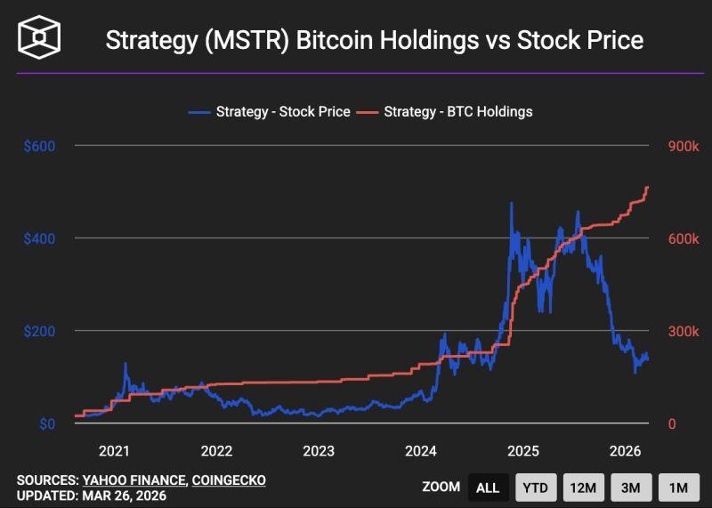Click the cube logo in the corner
(39, 37)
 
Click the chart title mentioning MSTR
(374, 40)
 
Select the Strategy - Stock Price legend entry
(270, 112)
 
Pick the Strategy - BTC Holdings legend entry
(444, 112)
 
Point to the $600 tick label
(39, 146)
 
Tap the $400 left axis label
(39, 238)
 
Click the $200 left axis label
(39, 331)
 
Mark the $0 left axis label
(47, 423)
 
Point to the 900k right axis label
(684, 146)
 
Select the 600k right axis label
(684, 238)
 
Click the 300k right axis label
(684, 331)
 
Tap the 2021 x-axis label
(114, 451)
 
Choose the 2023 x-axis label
(319, 451)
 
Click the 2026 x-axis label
(626, 451)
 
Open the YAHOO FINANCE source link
(134, 480)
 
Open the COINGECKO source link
(229, 480)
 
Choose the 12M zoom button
(583, 488)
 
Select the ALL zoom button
(488, 488)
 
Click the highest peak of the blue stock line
(512, 203)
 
